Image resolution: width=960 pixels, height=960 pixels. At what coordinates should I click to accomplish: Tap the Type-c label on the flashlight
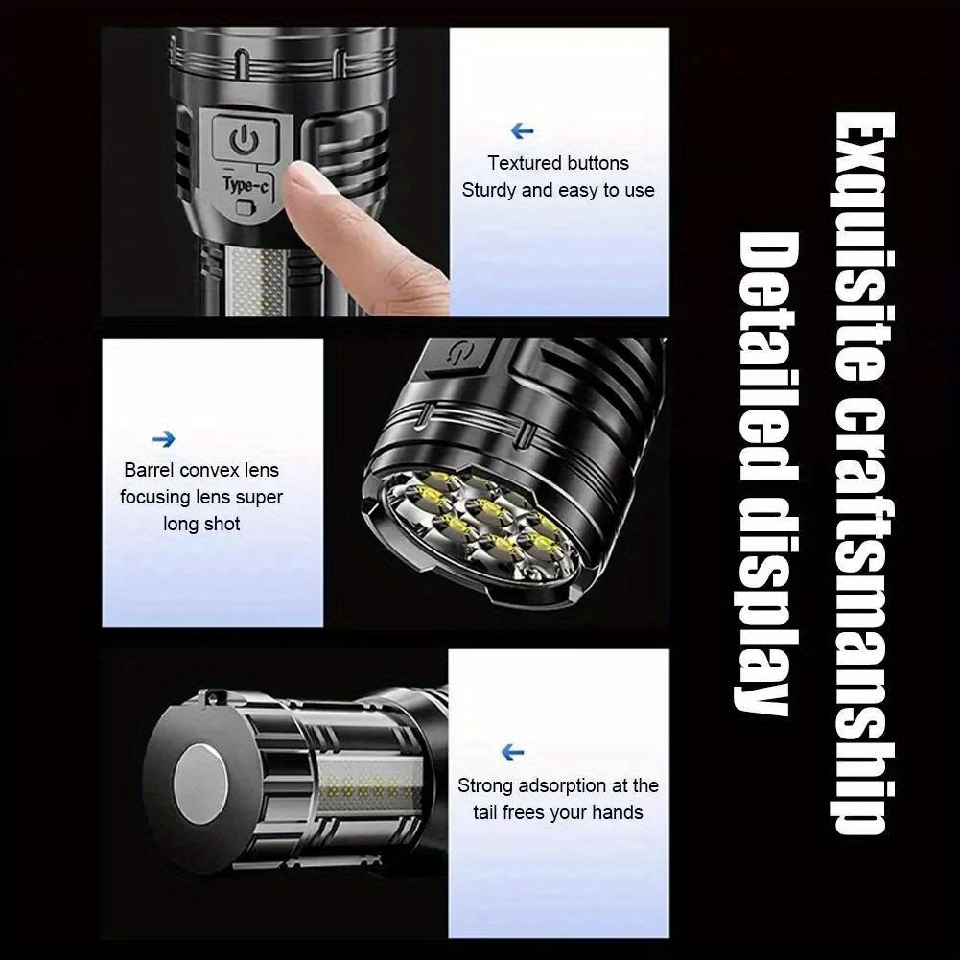(246, 184)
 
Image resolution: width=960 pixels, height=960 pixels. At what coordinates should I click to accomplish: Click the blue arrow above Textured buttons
(522, 131)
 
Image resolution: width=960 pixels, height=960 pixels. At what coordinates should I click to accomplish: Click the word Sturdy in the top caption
(489, 190)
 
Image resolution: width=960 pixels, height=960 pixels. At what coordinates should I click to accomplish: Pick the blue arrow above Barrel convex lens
(164, 439)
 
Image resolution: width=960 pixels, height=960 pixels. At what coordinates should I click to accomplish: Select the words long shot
(201, 524)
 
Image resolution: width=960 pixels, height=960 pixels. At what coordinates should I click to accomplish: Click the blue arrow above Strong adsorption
(513, 753)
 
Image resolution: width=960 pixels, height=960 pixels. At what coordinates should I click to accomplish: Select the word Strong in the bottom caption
(485, 785)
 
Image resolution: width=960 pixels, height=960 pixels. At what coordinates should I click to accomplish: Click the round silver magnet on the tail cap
(202, 777)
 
